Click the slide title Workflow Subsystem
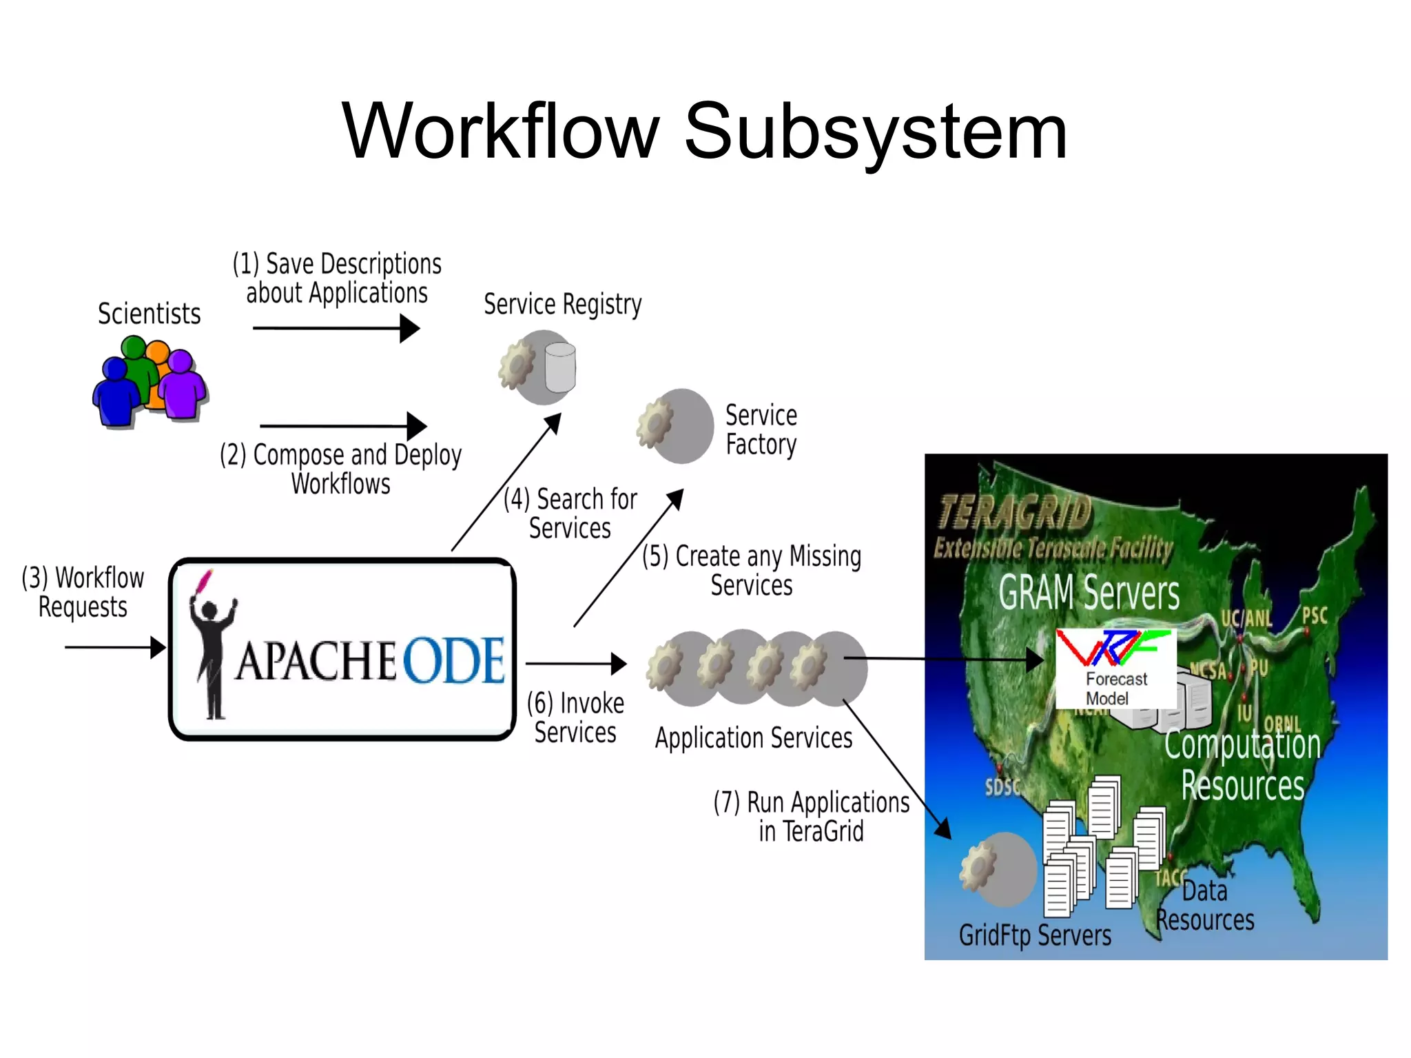point(704,131)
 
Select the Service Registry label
point(562,304)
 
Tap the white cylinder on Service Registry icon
point(559,367)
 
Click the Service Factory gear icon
point(655,424)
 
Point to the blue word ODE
point(454,660)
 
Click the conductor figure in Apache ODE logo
point(212,648)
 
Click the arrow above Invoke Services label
point(576,664)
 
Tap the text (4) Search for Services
point(570,513)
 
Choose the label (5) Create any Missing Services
point(752,571)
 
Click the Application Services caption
point(754,738)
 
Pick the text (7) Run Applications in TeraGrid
point(811,817)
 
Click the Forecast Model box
point(1116,669)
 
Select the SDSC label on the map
point(1002,787)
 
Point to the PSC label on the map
point(1315,615)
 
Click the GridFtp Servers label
point(1035,935)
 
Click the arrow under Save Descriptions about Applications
point(336,328)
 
